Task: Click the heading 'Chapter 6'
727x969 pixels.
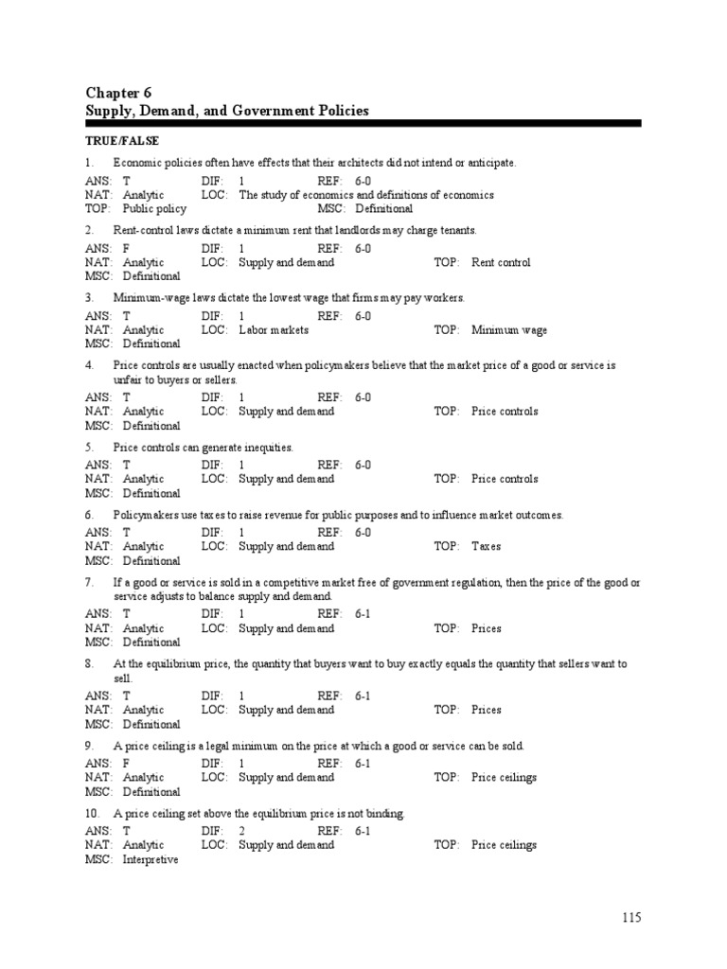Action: [x=118, y=92]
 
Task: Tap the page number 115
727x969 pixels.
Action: [x=632, y=917]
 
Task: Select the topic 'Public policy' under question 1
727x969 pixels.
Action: [x=154, y=208]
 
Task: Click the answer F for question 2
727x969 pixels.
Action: [x=127, y=249]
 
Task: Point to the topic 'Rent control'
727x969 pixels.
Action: [x=501, y=262]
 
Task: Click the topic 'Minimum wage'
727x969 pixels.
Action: [x=509, y=330]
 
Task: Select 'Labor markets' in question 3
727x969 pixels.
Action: [x=273, y=330]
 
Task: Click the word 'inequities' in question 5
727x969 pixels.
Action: [x=268, y=447]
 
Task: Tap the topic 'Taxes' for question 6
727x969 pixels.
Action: [x=487, y=546]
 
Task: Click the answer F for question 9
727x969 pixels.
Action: [x=127, y=764]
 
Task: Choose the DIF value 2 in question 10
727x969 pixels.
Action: [x=242, y=831]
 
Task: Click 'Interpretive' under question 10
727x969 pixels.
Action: [x=151, y=859]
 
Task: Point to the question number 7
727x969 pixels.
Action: [x=89, y=583]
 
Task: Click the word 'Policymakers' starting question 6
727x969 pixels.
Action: [x=145, y=515]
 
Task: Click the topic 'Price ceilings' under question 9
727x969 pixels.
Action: [x=505, y=777]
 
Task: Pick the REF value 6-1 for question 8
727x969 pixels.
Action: [x=363, y=696]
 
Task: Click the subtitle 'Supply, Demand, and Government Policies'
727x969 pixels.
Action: [x=227, y=111]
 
